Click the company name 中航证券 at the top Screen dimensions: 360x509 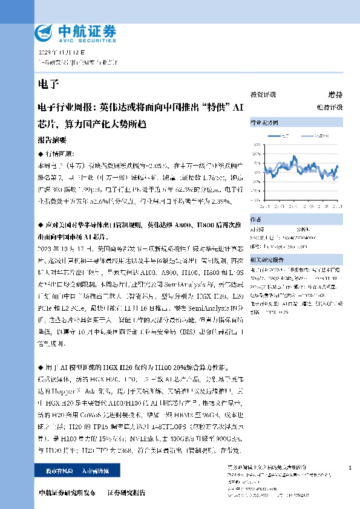(x=85, y=30)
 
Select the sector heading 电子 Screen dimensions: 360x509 (x=47, y=83)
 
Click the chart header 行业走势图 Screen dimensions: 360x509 (x=264, y=123)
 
